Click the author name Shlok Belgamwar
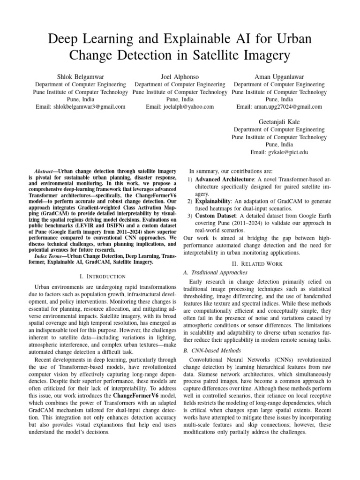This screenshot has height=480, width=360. (x=80, y=76)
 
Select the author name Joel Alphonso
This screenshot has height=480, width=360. (x=180, y=76)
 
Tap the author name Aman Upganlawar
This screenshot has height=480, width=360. (x=279, y=76)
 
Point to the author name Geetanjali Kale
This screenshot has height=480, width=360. (x=279, y=122)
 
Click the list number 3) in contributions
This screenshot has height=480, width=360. (x=190, y=215)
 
